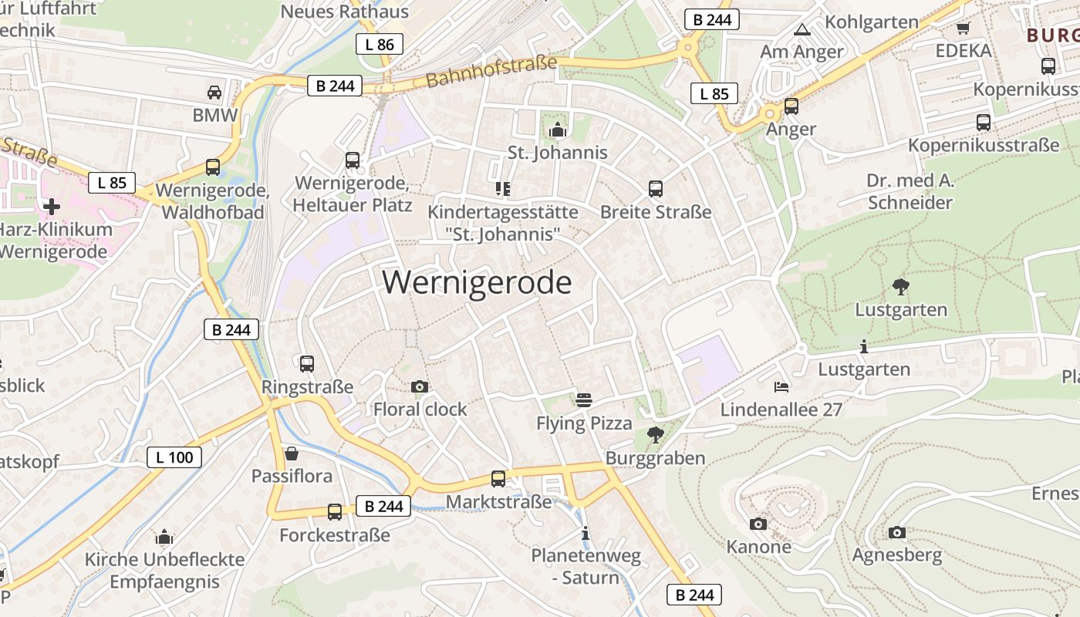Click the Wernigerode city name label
pos(477,283)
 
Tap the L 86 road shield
pos(380,44)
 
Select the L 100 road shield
pos(174,457)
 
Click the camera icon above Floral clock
pos(420,386)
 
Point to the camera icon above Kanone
pos(758,524)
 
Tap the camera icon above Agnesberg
pos(896,532)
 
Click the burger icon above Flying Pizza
pos(584,400)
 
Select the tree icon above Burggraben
pos(655,435)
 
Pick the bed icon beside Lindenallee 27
pos(781,386)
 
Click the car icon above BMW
pos(214,93)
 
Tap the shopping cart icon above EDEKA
pos(963,29)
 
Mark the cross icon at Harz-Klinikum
pos(52,207)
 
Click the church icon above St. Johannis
pos(557,130)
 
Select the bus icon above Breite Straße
pos(656,188)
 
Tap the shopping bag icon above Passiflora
pos(292,453)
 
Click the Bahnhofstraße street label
pos(491,71)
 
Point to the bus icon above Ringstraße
pos(306,363)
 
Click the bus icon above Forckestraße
pos(334,511)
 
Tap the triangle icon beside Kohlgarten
pos(802,30)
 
